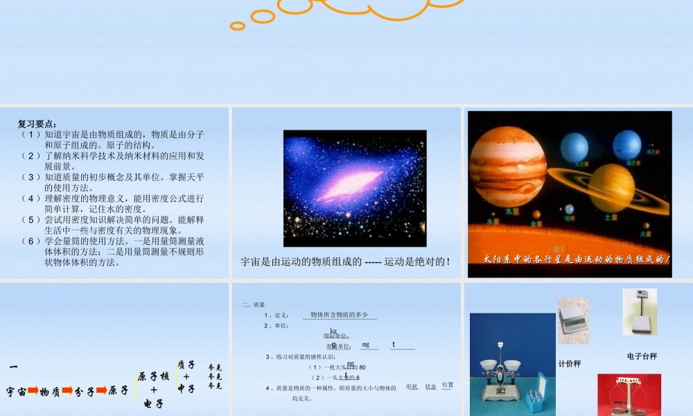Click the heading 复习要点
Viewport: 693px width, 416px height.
(x=39, y=124)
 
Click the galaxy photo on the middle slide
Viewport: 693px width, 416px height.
(x=355, y=188)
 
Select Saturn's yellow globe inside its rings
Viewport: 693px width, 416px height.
(x=611, y=187)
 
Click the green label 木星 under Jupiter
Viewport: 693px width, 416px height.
(x=511, y=211)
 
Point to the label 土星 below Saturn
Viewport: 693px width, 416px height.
(x=611, y=217)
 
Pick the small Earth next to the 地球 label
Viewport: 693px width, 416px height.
(x=570, y=209)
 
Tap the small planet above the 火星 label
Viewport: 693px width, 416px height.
(x=646, y=226)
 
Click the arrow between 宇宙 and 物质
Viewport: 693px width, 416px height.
(x=33, y=390)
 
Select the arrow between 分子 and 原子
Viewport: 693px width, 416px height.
(x=102, y=390)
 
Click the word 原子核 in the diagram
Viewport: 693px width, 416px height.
(x=153, y=376)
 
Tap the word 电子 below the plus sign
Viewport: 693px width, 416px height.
(x=153, y=403)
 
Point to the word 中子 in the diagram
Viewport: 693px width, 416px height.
(x=186, y=389)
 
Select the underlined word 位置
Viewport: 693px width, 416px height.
(x=447, y=385)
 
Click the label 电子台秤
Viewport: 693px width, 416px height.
(x=642, y=356)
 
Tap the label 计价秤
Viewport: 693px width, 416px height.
(x=570, y=363)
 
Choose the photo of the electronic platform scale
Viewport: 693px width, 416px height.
(x=639, y=312)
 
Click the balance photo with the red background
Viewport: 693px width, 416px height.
(x=629, y=395)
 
